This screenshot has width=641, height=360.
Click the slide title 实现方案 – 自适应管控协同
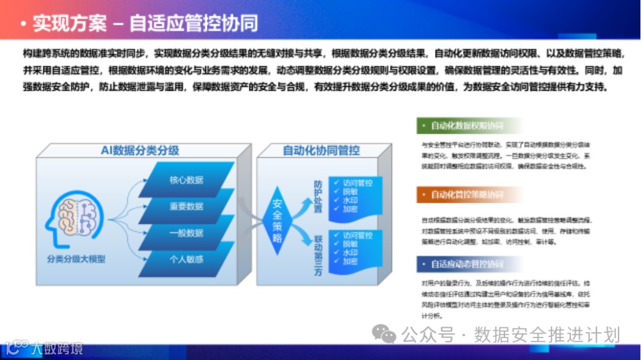(145, 23)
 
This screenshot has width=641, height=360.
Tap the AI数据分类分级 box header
(139, 151)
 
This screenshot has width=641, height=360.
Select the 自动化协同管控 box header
(321, 151)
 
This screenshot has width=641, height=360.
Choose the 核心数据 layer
(186, 180)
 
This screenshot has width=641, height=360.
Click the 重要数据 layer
(186, 206)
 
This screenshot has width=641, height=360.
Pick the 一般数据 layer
(186, 232)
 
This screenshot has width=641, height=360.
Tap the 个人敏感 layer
(186, 259)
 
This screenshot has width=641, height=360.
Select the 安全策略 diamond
(277, 220)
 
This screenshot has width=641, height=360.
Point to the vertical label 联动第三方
(318, 254)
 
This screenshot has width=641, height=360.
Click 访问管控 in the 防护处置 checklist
(357, 183)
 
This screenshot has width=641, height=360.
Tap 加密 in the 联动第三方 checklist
(350, 262)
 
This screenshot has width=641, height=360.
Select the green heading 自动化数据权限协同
(467, 126)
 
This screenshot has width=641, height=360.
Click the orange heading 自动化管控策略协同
(467, 195)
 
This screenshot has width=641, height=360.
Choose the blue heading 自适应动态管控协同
(467, 264)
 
